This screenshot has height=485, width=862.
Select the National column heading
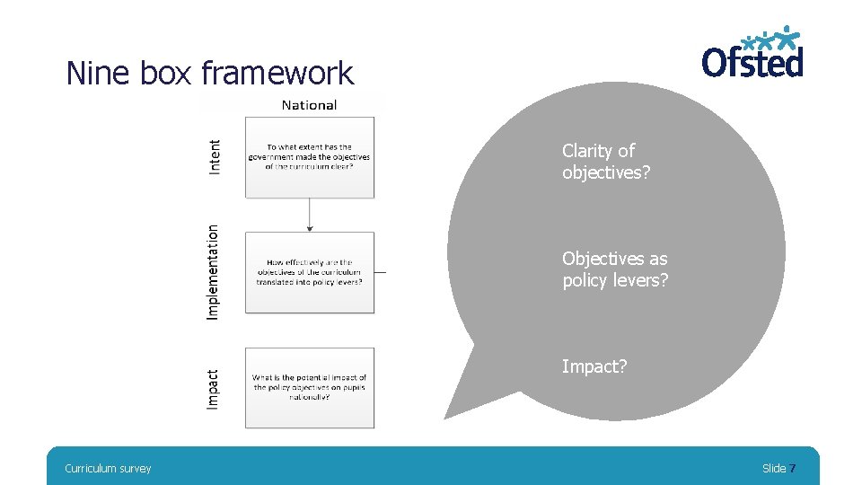pos(309,105)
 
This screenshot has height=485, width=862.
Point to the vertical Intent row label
pos(215,156)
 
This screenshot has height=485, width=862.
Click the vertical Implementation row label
pos(213,271)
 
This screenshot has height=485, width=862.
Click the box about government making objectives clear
pos(310,157)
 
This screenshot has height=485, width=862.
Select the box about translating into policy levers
pos(310,272)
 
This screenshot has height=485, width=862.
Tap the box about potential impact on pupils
pos(310,388)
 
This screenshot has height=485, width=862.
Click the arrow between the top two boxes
pos(310,215)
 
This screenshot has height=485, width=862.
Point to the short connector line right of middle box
pos(381,271)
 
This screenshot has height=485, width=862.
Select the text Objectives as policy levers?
pos(615,269)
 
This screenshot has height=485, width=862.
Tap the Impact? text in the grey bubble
pos(594,366)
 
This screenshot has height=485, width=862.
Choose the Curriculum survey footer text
pos(108,468)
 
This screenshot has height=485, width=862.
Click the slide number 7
pos(792,468)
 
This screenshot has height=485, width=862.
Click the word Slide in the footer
pos(773,468)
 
